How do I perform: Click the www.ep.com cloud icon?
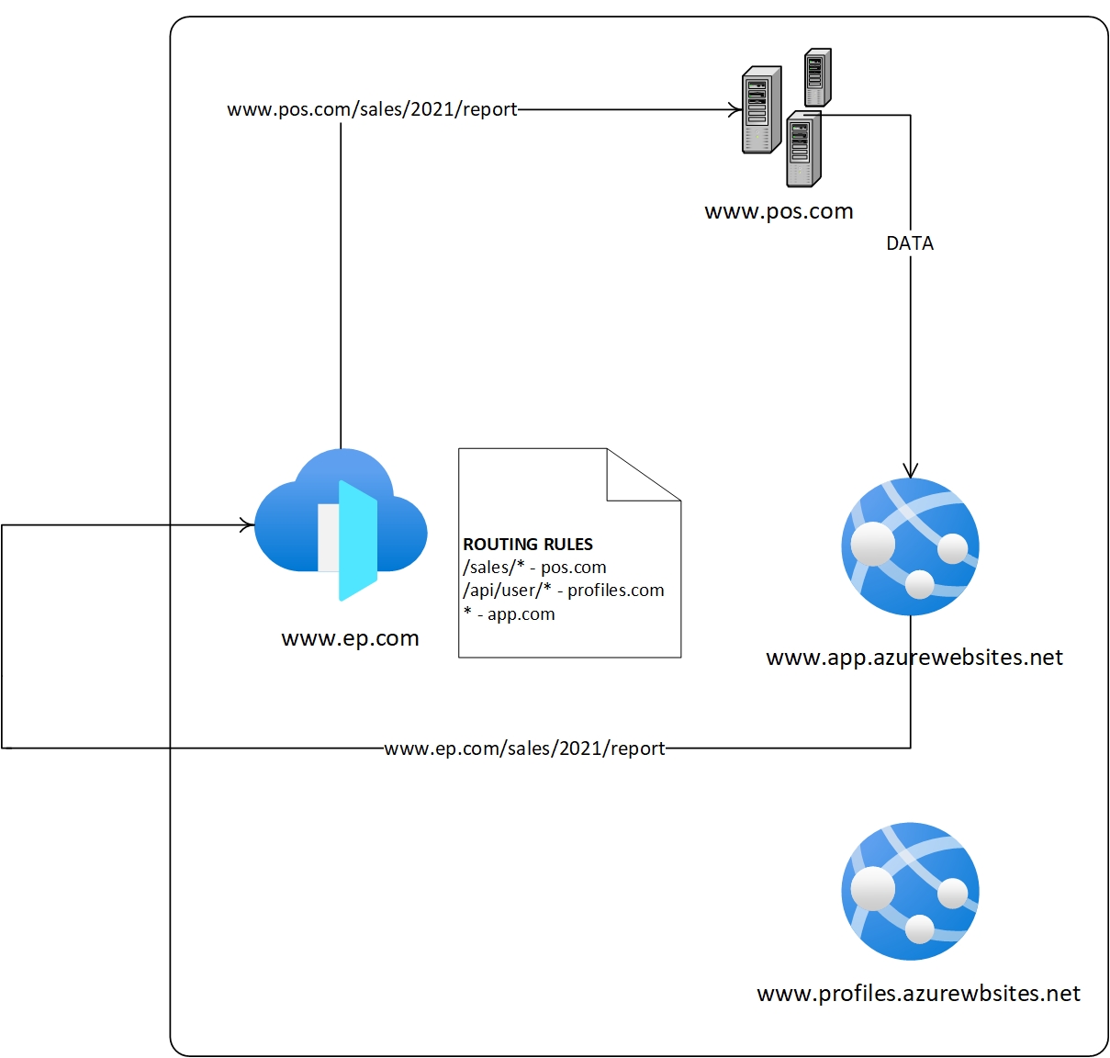pyautogui.click(x=341, y=524)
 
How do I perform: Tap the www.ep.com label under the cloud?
pyautogui.click(x=350, y=638)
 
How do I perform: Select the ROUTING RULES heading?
pyautogui.click(x=528, y=544)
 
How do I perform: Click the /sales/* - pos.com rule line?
pyautogui.click(x=534, y=568)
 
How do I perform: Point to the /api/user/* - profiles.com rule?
pyautogui.click(x=564, y=591)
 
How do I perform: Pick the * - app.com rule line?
pyautogui.click(x=510, y=613)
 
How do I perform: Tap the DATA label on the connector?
pyautogui.click(x=910, y=243)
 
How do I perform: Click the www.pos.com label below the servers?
pyautogui.click(x=779, y=211)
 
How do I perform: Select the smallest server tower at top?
pyautogui.click(x=817, y=78)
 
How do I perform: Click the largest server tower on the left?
pyautogui.click(x=761, y=109)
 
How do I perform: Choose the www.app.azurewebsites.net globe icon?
pyautogui.click(x=910, y=546)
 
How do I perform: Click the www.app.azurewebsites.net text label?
pyautogui.click(x=914, y=658)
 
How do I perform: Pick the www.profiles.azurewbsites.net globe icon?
pyautogui.click(x=910, y=891)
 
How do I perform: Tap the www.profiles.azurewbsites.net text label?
pyautogui.click(x=918, y=994)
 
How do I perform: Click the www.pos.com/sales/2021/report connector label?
pyautogui.click(x=372, y=109)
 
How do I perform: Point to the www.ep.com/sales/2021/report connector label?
pyautogui.click(x=524, y=748)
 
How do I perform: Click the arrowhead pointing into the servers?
pyautogui.click(x=735, y=109)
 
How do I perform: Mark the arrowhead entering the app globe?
pyautogui.click(x=910, y=471)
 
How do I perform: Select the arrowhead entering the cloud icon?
pyautogui.click(x=247, y=525)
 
